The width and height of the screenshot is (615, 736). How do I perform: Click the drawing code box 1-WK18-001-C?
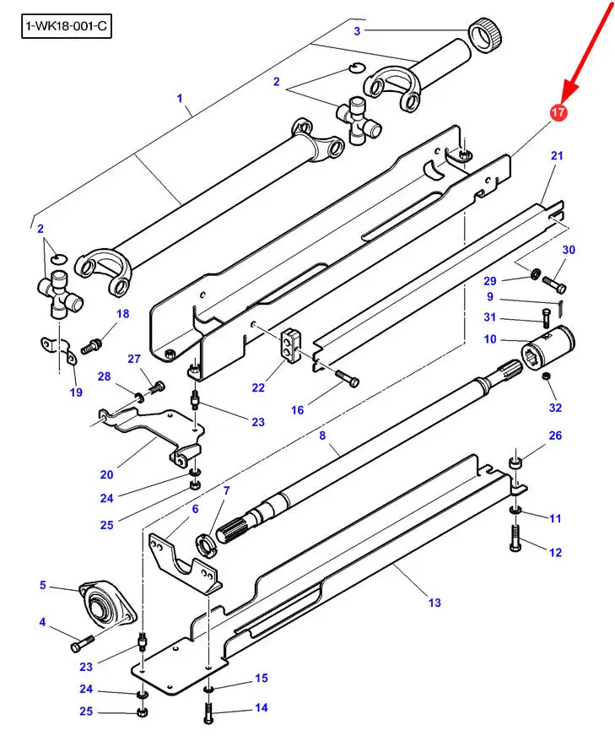(x=67, y=26)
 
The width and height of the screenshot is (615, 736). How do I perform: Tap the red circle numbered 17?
(x=558, y=112)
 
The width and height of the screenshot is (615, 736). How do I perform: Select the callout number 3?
(x=357, y=31)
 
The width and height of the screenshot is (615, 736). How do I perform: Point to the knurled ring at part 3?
(x=486, y=35)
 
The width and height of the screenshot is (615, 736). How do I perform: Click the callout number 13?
(x=434, y=603)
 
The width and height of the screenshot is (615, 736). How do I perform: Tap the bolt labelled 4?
(x=82, y=642)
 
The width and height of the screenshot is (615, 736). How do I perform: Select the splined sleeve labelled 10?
(x=548, y=348)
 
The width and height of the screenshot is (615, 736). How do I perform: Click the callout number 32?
(x=555, y=407)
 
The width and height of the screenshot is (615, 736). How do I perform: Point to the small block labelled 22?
(x=291, y=345)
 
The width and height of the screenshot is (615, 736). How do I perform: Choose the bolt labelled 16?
(x=347, y=377)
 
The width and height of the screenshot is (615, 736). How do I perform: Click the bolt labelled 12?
(x=515, y=538)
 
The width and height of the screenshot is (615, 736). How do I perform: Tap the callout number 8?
(x=322, y=436)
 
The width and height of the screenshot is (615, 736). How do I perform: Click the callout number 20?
(x=106, y=474)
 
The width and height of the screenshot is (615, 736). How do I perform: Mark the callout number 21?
(x=557, y=155)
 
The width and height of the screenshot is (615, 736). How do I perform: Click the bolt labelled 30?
(x=554, y=284)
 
